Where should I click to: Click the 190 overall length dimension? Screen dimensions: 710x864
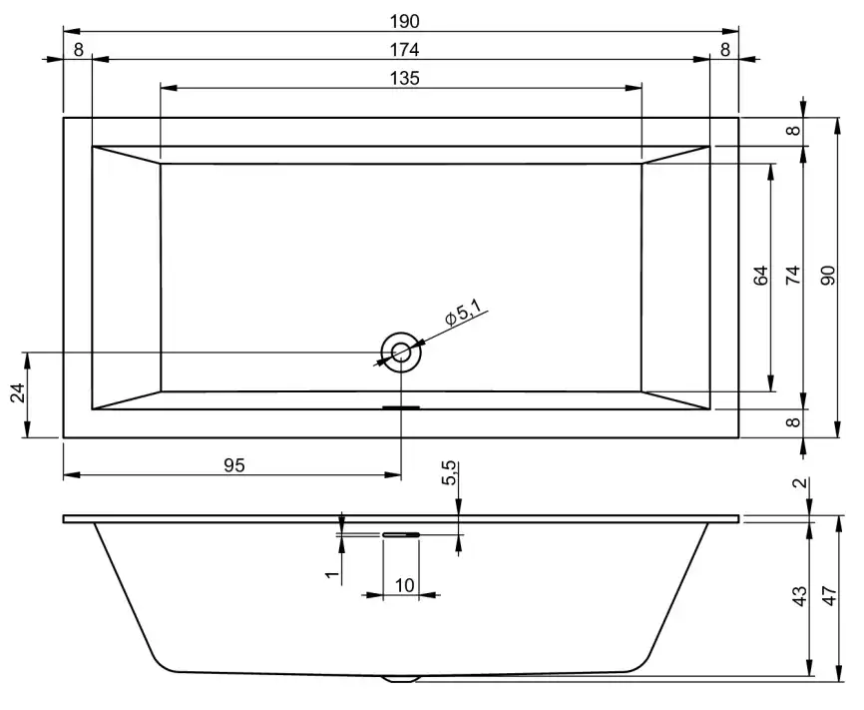pyautogui.click(x=404, y=21)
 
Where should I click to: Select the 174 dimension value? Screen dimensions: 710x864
pyautogui.click(x=404, y=49)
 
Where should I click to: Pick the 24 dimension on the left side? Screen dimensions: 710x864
pyautogui.click(x=17, y=394)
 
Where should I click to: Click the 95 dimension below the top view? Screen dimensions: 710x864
pyautogui.click(x=233, y=464)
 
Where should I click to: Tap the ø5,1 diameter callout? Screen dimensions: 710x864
pyautogui.click(x=463, y=317)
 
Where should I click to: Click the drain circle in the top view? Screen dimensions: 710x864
pyautogui.click(x=401, y=352)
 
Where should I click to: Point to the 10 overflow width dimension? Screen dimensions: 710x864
pyautogui.click(x=404, y=585)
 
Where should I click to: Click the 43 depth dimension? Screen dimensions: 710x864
pyautogui.click(x=798, y=597)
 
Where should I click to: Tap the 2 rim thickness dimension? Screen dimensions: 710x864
pyautogui.click(x=798, y=483)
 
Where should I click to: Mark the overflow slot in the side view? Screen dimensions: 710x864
pyautogui.click(x=401, y=534)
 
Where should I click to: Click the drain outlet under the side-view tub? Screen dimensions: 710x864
pyautogui.click(x=401, y=678)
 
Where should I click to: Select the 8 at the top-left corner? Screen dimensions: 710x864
pyautogui.click(x=78, y=49)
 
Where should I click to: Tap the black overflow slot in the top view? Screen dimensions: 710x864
pyautogui.click(x=401, y=407)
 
